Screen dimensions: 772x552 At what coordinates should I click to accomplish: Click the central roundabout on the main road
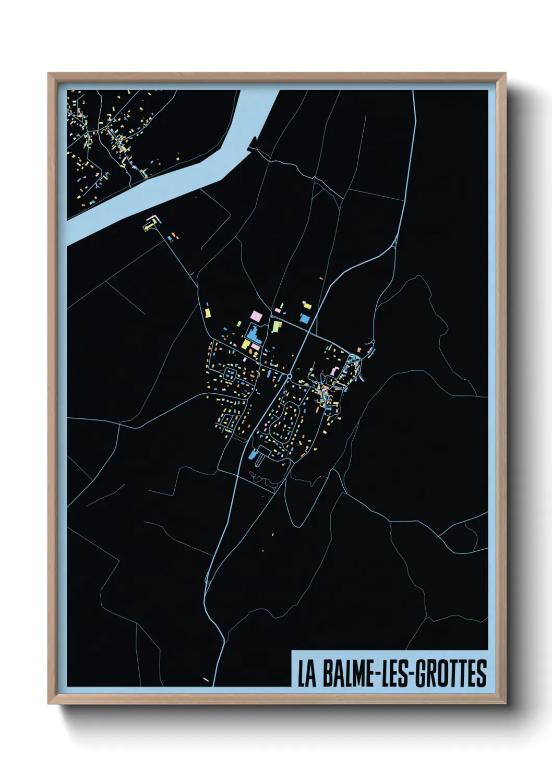[289, 376]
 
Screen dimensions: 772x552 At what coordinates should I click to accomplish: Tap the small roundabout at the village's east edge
[373, 342]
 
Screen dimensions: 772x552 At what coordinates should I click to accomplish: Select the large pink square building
[256, 316]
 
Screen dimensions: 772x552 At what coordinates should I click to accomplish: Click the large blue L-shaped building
[254, 333]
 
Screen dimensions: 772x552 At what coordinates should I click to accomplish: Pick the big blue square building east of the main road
[305, 318]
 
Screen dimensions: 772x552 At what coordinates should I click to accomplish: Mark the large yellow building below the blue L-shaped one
[245, 344]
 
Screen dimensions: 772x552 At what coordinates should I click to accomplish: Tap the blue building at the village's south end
[253, 455]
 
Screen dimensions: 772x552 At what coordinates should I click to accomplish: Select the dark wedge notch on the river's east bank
[254, 142]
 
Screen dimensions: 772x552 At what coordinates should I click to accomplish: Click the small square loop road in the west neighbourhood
[229, 373]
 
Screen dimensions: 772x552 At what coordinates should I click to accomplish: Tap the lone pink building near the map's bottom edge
[206, 679]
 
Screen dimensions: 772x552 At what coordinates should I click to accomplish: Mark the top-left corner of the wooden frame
[49, 74]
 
